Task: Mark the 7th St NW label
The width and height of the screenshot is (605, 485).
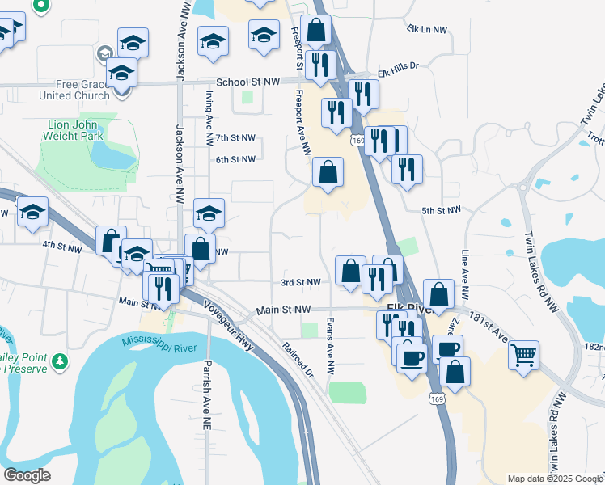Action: pos(235,138)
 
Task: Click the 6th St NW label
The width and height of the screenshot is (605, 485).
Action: pos(235,159)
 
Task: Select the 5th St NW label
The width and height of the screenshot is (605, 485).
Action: pos(441,210)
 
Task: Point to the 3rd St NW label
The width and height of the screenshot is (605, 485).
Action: pos(301,282)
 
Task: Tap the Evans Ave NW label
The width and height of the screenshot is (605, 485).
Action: pos(329,345)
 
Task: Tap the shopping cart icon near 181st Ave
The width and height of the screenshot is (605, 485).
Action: pos(524,353)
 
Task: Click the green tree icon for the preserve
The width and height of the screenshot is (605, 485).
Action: pos(58,361)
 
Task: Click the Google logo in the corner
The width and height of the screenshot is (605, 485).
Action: pos(26,475)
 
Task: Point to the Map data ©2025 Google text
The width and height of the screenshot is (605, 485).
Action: pos(555,479)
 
